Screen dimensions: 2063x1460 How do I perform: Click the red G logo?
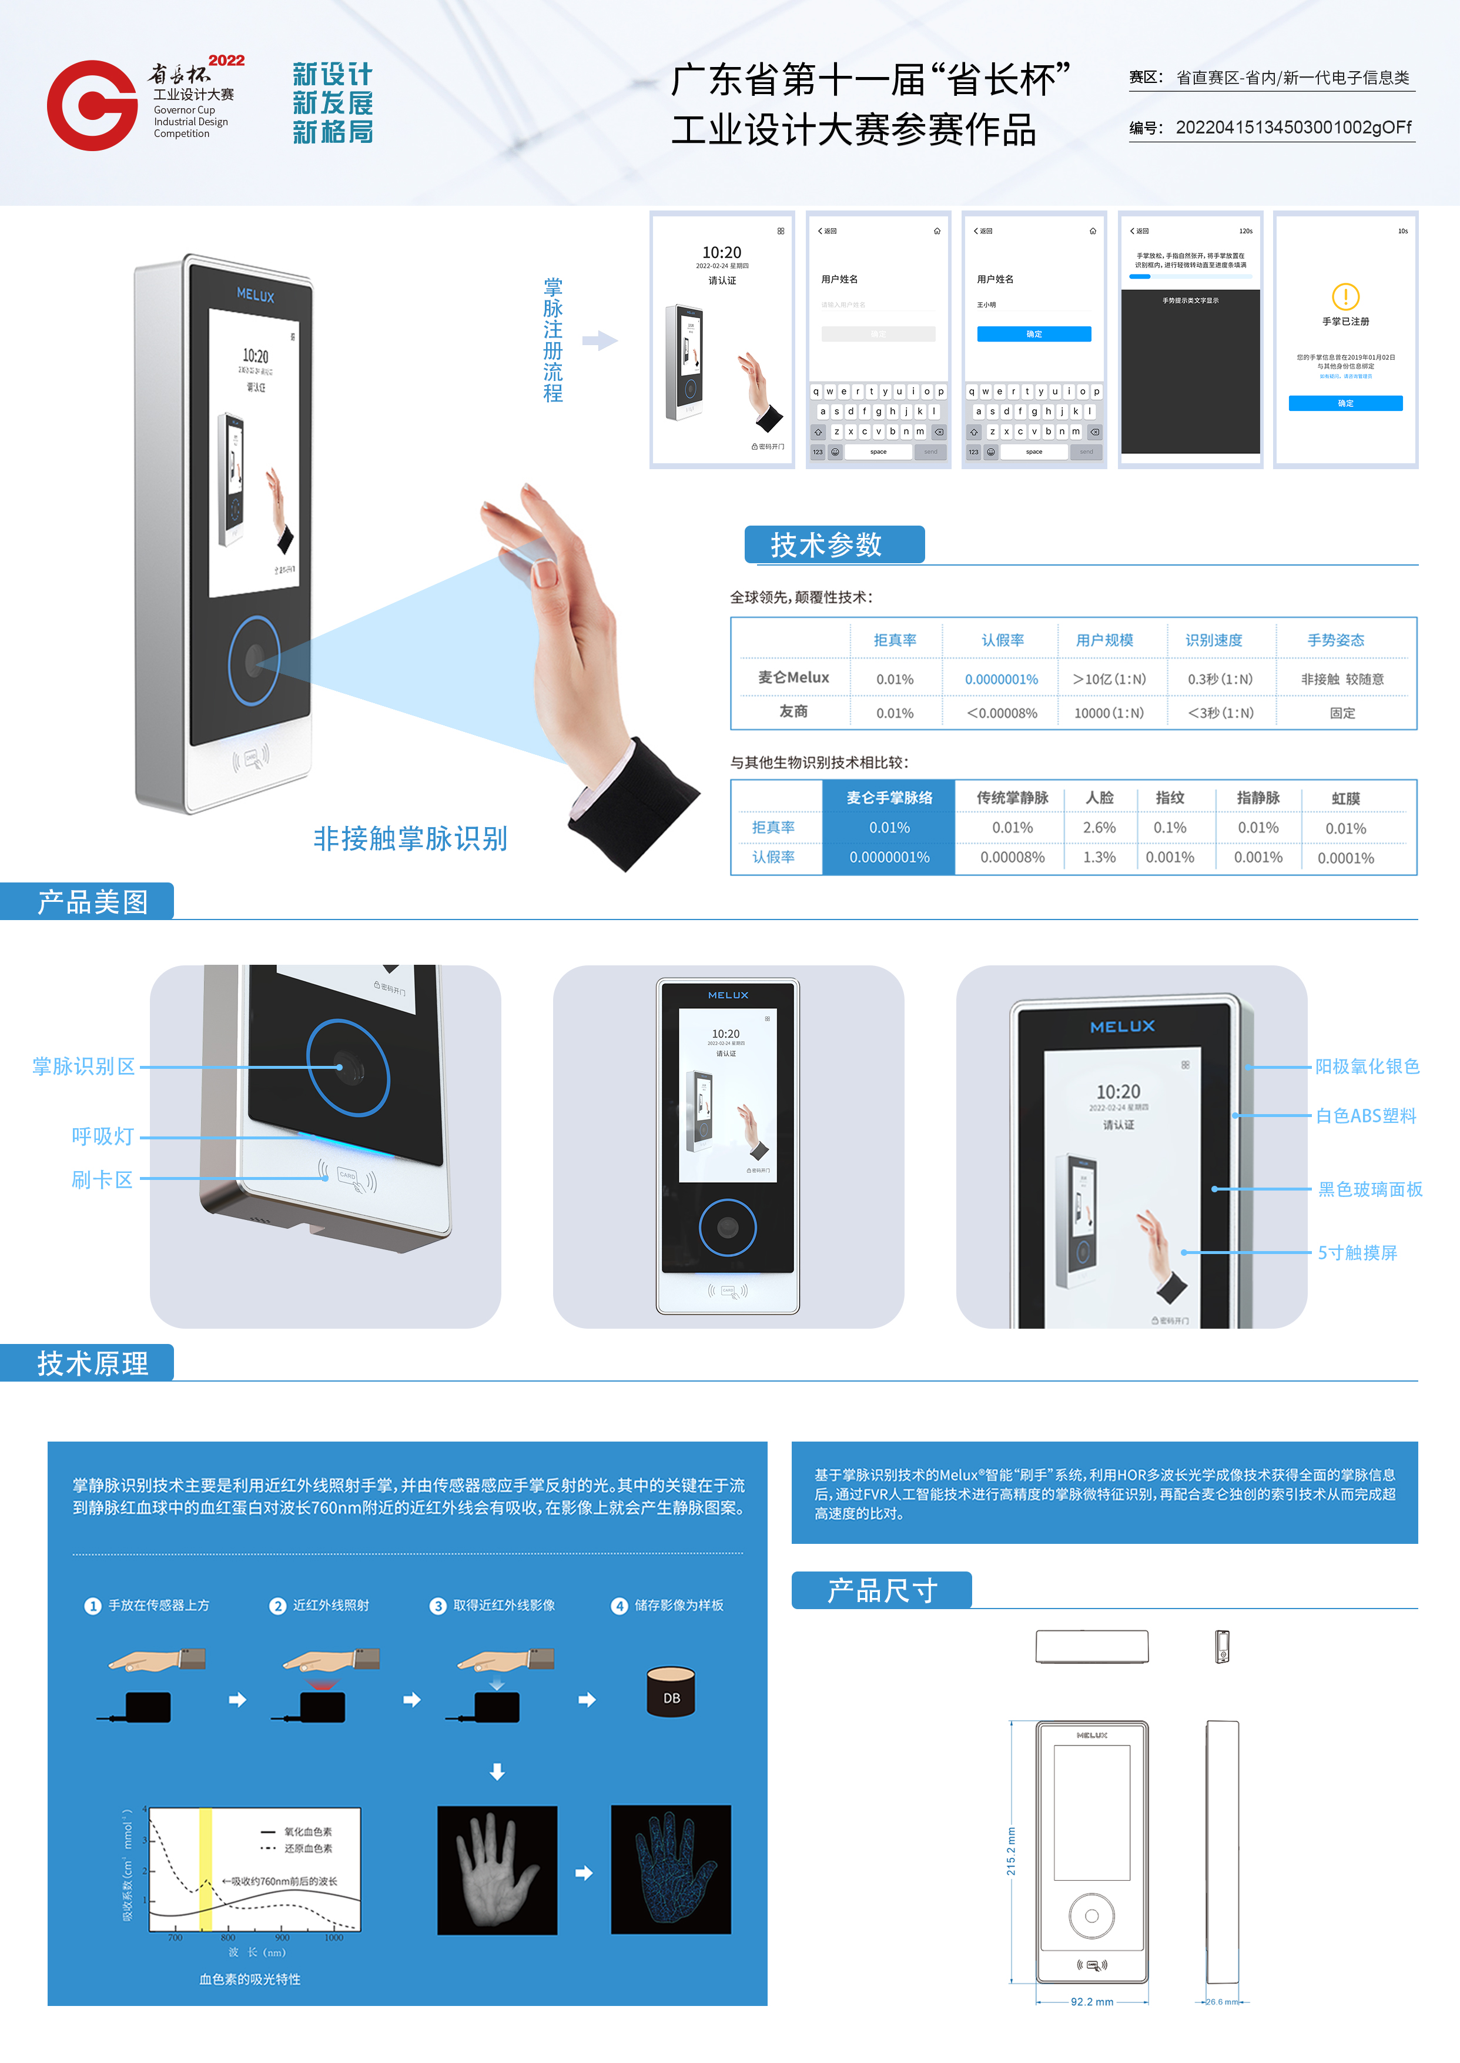tap(93, 105)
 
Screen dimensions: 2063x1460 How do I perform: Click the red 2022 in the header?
tap(226, 60)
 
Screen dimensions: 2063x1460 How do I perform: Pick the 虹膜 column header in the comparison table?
tap(1345, 798)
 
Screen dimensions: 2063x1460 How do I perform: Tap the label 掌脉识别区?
tap(83, 1066)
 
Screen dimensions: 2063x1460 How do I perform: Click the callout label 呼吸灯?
tap(102, 1136)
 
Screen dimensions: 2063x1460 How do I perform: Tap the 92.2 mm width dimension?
tap(1091, 2002)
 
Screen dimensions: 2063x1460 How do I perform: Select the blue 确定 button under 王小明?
tap(1034, 333)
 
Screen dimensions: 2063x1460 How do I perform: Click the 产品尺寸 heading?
tap(882, 1590)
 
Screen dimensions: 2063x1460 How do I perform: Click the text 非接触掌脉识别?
tap(410, 838)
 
